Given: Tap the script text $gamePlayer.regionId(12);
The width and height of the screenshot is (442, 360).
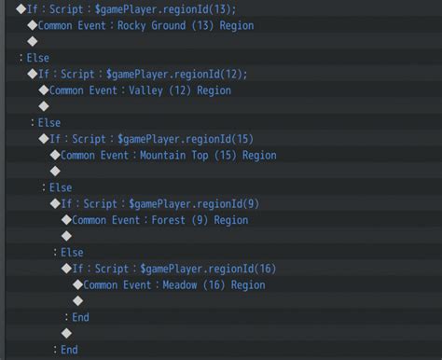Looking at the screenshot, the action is tap(177, 74).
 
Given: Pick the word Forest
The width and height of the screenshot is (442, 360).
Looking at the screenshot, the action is tap(169, 220).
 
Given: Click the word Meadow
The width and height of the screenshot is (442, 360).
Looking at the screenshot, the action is tap(181, 285).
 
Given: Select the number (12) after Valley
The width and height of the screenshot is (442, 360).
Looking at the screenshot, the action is tap(182, 90).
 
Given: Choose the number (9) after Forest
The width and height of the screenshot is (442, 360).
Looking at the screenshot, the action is tap(199, 220).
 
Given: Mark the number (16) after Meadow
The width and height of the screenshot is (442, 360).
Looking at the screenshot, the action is tap(215, 285).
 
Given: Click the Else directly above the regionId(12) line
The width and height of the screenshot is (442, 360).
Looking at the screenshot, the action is tap(37, 58).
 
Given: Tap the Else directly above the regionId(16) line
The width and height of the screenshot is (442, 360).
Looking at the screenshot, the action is tap(71, 253).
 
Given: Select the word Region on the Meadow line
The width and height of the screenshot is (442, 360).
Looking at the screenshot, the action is tap(248, 285).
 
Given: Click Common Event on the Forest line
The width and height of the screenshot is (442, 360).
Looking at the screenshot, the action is tap(105, 220).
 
